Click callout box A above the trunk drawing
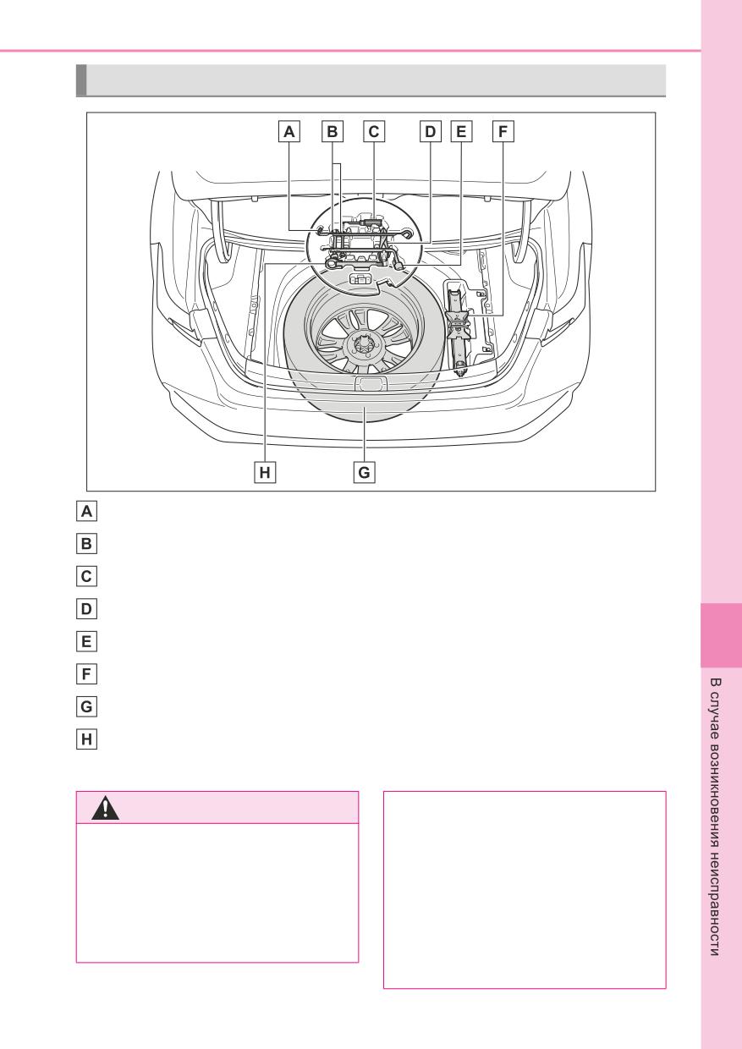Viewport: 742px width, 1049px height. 289,132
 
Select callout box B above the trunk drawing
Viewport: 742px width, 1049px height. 333,132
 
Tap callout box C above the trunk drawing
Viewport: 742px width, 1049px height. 374,132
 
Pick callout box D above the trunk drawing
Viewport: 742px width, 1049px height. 430,132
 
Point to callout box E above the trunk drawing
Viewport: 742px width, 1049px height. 461,132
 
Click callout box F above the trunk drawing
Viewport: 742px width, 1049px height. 503,132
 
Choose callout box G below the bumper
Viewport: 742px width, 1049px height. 364,472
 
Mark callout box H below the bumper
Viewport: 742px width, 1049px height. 265,472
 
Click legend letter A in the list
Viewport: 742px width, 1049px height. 86,511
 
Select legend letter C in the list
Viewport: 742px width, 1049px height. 86,576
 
